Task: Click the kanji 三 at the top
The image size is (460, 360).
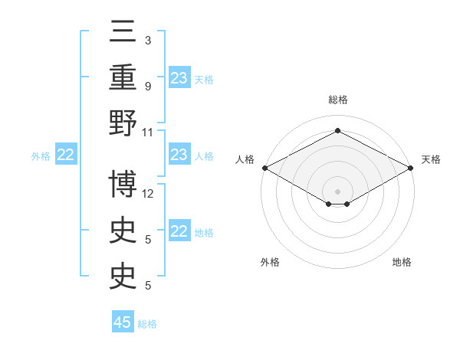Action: point(123,31)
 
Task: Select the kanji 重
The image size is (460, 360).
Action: point(123,77)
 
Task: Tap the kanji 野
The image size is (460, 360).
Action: point(123,123)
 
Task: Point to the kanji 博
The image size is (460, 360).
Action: point(123,184)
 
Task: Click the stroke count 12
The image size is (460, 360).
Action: point(147,194)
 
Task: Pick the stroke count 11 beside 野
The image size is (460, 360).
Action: point(147,133)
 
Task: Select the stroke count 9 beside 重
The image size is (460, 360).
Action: point(148,87)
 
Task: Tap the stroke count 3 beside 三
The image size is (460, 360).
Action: point(148,41)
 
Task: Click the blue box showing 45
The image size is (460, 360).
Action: point(123,321)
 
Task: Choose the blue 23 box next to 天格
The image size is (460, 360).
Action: point(179,77)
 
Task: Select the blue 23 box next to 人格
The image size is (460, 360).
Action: point(179,154)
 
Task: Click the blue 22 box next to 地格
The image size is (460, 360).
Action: point(179,230)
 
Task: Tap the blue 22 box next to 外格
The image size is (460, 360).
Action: point(66,154)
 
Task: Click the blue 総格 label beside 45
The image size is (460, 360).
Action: point(147,324)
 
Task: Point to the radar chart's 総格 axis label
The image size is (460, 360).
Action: point(338,100)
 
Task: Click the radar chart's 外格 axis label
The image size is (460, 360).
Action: point(270,262)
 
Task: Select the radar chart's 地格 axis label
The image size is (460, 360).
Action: point(402,262)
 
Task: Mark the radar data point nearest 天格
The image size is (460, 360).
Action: point(411,168)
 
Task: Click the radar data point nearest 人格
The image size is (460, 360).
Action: point(265,168)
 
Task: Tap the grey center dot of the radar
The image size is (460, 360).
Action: point(337,191)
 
